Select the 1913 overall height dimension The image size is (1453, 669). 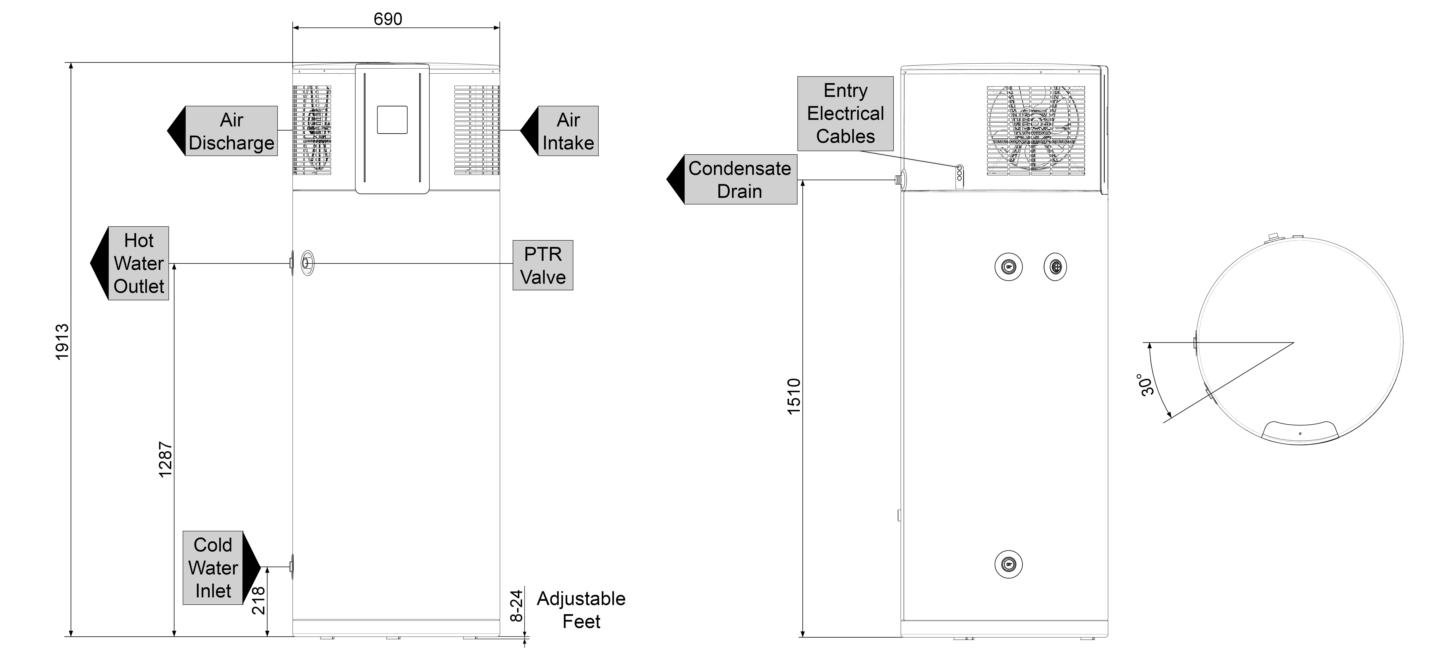pos(62,341)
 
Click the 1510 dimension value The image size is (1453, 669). pos(794,397)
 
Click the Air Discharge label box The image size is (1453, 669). pos(231,131)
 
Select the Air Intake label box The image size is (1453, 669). pos(568,131)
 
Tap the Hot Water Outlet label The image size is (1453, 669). pos(138,264)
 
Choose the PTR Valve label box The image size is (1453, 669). pos(543,265)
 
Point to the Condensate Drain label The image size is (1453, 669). pos(739,179)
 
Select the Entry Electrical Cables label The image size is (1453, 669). pos(845,113)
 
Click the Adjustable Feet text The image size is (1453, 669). pos(581,610)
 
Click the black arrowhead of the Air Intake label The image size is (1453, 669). pos(528,131)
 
